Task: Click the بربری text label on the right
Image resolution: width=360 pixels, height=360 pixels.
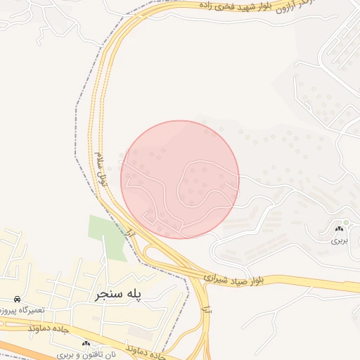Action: (340, 240)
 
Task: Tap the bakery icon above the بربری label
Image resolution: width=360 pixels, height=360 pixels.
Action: (340, 229)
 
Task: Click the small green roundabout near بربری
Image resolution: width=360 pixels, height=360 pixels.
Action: (345, 223)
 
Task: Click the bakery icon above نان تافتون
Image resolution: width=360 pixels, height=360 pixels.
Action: (86, 343)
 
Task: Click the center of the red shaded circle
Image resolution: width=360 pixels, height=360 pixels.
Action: (180, 179)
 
